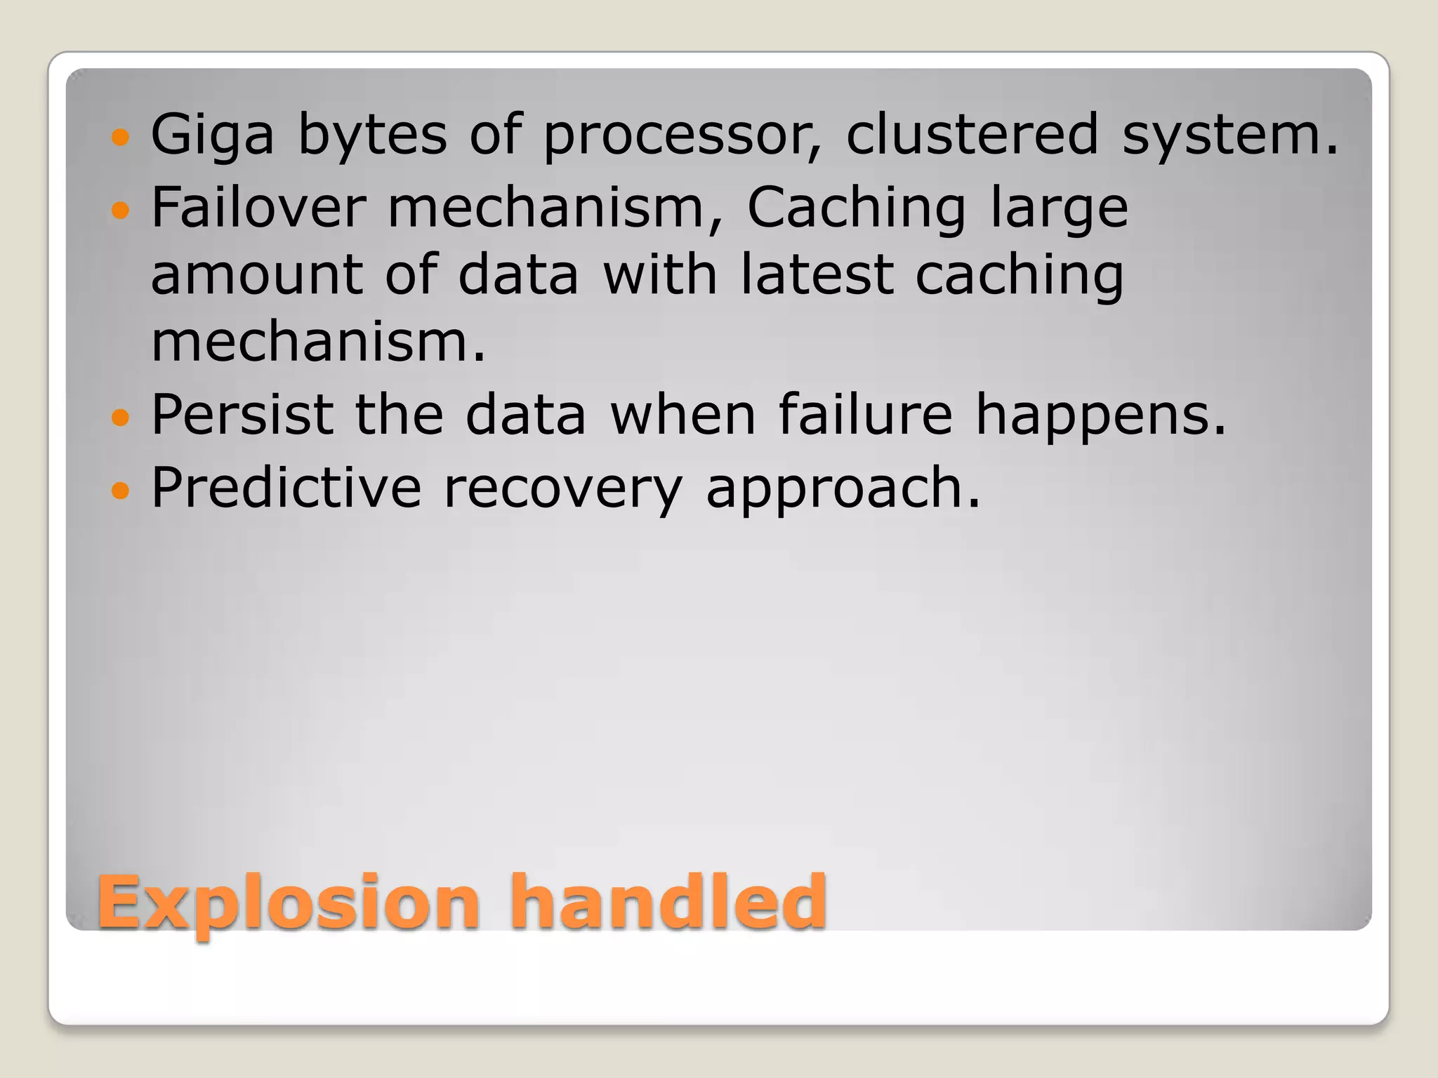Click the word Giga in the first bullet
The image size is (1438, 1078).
coord(212,135)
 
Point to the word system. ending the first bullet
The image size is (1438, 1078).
coord(1230,135)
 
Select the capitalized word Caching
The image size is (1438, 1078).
coord(856,208)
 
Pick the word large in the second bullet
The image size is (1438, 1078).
coord(1059,208)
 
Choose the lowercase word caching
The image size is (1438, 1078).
coord(1020,276)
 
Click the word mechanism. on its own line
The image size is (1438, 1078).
coord(318,342)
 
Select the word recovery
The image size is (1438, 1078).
coord(562,488)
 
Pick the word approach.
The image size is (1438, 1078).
coord(843,488)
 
